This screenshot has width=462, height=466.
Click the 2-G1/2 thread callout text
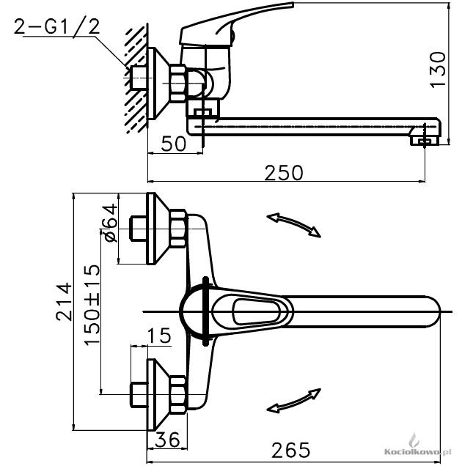coord(56,27)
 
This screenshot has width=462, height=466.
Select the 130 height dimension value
coord(438,70)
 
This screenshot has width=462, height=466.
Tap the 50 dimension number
coord(174,144)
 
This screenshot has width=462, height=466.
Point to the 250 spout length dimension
coord(284,172)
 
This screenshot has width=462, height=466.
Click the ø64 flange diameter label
coord(109,223)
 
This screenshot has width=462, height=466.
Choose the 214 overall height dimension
coord(64,302)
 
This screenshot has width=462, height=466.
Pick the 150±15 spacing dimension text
coord(92,305)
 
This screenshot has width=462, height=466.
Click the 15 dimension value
coord(159,336)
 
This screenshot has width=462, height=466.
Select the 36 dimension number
coord(167,439)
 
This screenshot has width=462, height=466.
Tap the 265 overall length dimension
coord(290,450)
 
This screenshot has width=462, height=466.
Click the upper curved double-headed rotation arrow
coord(293,225)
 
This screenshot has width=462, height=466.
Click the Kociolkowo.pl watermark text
coord(417,452)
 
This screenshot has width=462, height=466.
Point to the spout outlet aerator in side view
coord(424,140)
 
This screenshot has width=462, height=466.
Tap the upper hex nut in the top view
coord(178,229)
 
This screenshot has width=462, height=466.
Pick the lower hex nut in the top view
coord(178,394)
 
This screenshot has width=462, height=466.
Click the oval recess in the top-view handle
coord(257,311)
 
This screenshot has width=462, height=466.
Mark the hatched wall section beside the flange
coord(136,78)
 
